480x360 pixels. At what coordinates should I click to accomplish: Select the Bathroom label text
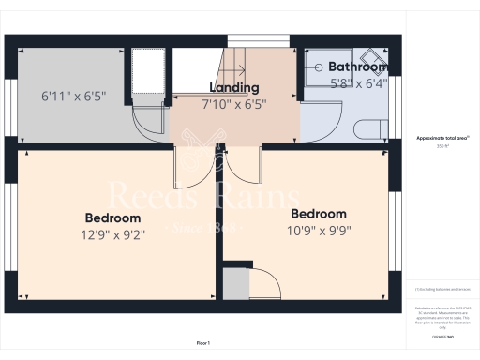click(357, 67)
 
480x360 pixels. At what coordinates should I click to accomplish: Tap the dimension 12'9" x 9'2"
click(112, 234)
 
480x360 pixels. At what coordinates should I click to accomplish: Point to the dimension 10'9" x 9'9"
click(319, 229)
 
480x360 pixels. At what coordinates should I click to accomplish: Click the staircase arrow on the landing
click(234, 69)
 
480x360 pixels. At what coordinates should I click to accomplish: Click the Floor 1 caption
click(203, 344)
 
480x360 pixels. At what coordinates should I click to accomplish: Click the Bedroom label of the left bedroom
click(112, 218)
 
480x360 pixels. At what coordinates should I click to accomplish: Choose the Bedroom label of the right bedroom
click(319, 214)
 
